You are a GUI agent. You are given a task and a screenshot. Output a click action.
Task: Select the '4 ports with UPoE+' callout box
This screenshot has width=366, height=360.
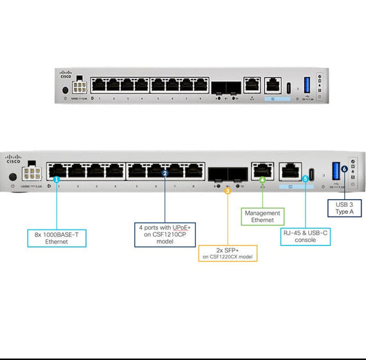[x=165, y=231]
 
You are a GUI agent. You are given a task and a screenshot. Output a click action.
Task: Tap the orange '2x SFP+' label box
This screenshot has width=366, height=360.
[x=227, y=253]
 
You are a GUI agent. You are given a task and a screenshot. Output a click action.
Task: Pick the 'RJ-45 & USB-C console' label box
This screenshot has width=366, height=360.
[x=305, y=235]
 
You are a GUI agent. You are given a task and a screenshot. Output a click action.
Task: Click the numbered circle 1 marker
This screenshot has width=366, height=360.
[x=57, y=180]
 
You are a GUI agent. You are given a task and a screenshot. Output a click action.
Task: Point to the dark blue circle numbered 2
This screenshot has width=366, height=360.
[x=165, y=173]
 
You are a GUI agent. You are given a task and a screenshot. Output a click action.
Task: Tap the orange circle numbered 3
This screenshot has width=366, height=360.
[x=227, y=190]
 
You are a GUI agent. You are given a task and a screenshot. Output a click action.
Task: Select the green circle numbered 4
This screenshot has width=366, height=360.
[x=262, y=179]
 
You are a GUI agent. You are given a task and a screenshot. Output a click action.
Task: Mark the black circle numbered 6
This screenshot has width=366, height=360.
[x=344, y=168]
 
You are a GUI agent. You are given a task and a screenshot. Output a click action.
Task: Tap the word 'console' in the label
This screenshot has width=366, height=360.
[x=305, y=240]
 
